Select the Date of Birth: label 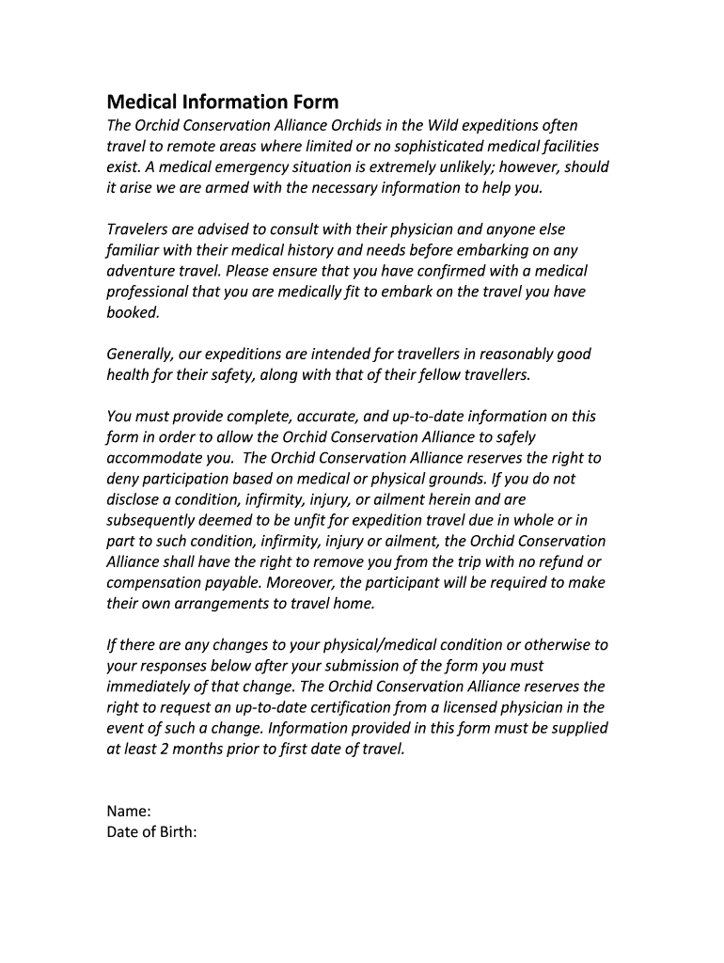(x=151, y=832)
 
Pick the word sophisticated (x=424, y=147)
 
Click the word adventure (x=141, y=271)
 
